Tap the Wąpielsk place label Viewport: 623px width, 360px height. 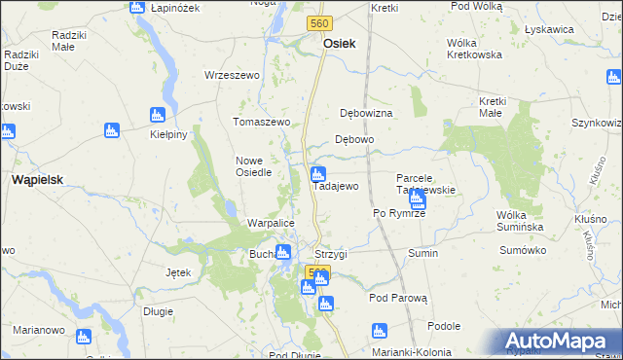(x=37, y=180)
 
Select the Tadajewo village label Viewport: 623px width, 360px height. (x=337, y=186)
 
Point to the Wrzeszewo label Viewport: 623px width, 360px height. (x=232, y=75)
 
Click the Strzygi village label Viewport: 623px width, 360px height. (x=331, y=253)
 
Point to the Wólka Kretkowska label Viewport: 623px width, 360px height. (x=474, y=48)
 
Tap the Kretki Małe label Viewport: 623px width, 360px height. (x=502, y=107)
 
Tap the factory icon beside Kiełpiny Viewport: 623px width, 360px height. (x=157, y=115)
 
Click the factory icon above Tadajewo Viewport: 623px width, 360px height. (x=316, y=175)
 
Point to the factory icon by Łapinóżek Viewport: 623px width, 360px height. (x=137, y=7)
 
